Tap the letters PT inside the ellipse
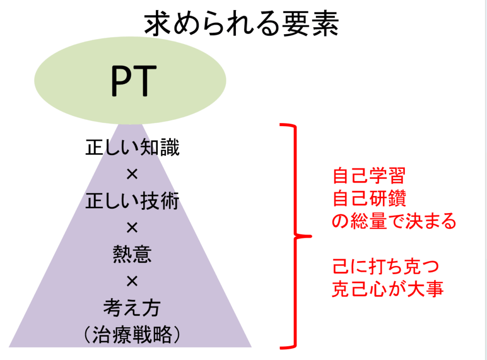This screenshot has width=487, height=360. pyautogui.click(x=134, y=81)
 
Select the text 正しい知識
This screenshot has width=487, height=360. pyautogui.click(x=132, y=147)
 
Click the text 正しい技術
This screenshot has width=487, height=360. pyautogui.click(x=132, y=201)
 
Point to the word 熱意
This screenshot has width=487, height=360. pyautogui.click(x=132, y=254)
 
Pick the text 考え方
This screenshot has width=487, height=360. pyautogui.click(x=132, y=308)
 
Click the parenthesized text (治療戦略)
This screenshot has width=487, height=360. pyautogui.click(x=132, y=334)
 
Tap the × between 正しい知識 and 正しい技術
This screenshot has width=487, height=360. pyautogui.click(x=132, y=174)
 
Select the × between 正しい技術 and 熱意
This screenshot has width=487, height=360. pyautogui.click(x=132, y=228)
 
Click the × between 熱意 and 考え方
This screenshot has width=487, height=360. pyautogui.click(x=132, y=282)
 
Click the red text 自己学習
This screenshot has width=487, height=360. pyautogui.click(x=369, y=176)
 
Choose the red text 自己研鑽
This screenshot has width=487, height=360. pyautogui.click(x=369, y=198)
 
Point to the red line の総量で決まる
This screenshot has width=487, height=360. pyautogui.click(x=394, y=221)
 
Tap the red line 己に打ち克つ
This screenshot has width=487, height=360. pyautogui.click(x=386, y=266)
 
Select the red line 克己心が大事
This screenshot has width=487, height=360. pyautogui.click(x=388, y=289)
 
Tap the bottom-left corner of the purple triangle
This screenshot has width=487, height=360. pyautogui.click(x=9, y=347)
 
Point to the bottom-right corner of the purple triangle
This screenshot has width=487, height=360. pyautogui.click(x=251, y=347)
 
